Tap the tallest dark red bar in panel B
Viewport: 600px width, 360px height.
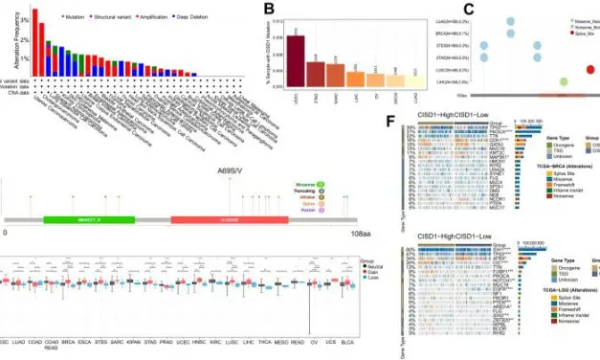(296, 67)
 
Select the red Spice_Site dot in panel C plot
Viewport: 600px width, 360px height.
(589, 68)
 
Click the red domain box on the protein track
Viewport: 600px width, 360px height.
(209, 219)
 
